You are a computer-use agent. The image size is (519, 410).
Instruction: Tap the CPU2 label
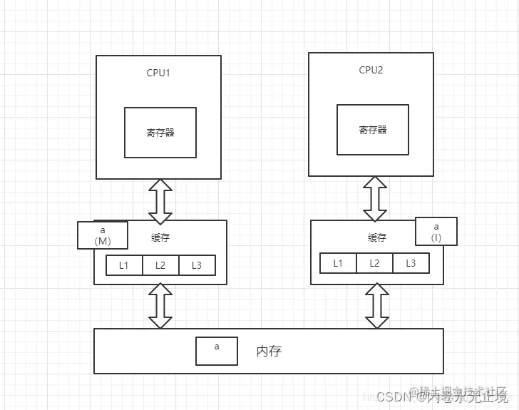point(371,70)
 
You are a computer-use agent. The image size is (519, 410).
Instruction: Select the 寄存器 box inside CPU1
point(160,132)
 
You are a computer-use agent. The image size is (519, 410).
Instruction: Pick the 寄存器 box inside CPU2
point(373,130)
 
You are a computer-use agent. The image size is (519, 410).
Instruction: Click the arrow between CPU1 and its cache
point(160,200)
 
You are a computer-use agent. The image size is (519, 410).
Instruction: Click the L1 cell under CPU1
point(124,265)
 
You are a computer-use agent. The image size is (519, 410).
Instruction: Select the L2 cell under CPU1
point(160,265)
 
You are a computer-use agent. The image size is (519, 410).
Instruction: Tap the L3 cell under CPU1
point(196,265)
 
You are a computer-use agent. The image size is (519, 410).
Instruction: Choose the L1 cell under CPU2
point(338,263)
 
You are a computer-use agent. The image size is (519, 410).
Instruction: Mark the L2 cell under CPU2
point(374,263)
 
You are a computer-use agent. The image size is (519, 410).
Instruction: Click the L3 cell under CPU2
point(411,263)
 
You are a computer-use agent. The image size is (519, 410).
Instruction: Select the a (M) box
point(103,235)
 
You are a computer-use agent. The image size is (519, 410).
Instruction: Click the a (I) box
point(436,232)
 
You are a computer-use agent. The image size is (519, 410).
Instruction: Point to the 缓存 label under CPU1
point(160,237)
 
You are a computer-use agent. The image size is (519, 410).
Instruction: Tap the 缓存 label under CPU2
point(377,237)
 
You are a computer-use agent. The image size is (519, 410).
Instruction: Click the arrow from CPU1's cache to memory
point(160,306)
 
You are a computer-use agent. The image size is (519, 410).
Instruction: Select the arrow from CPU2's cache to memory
point(376,306)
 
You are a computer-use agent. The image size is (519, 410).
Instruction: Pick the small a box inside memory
point(217,351)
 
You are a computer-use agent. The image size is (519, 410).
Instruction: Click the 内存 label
point(274,351)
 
